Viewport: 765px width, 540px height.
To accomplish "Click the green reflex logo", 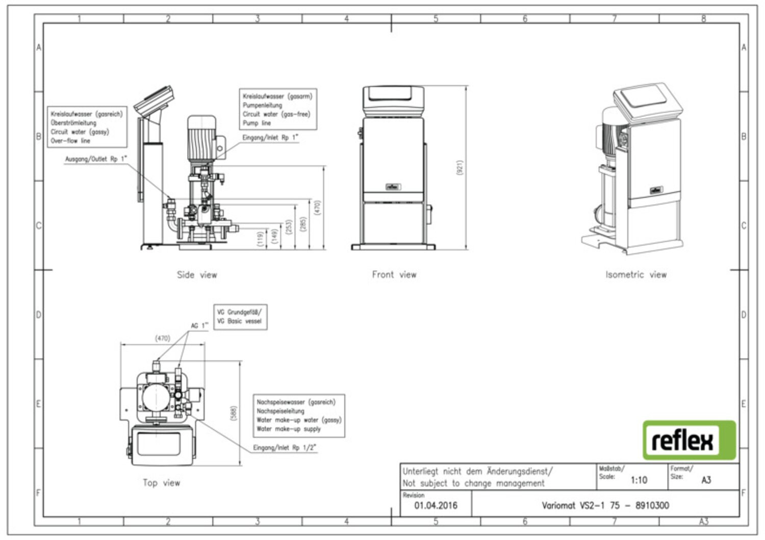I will pos(689,440).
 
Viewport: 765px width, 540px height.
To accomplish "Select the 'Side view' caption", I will pos(197,275).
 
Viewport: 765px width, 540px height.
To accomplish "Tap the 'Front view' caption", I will pos(394,274).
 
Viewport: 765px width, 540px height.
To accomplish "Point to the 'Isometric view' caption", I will pos(636,274).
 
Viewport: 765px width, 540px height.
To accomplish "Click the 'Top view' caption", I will pos(161,482).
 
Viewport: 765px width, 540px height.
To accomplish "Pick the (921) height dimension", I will pos(460,168).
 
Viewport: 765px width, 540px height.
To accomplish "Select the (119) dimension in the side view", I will pos(261,239).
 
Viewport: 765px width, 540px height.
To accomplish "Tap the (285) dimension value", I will pos(303,225).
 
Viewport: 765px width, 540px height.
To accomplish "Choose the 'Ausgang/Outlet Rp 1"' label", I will pos(95,159).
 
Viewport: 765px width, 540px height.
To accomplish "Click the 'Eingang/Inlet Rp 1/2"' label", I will pos(285,448).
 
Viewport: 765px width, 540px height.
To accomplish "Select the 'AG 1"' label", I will pos(199,325).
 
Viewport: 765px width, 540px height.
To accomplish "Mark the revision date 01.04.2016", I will pos(436,506).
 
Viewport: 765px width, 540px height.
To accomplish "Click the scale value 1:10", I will pos(639,480).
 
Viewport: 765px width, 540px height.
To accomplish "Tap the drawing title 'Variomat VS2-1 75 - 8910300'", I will pos(605,505).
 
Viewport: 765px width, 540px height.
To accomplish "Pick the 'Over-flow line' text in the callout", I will pos(70,141).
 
